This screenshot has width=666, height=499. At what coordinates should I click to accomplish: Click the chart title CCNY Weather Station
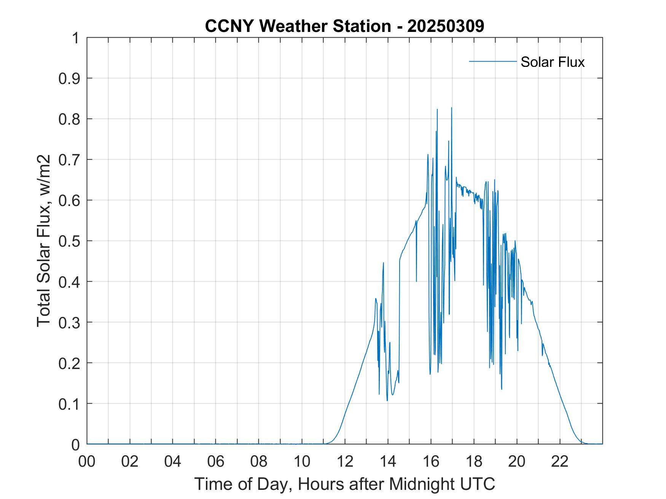[x=298, y=26]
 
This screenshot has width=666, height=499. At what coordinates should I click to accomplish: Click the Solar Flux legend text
[x=552, y=62]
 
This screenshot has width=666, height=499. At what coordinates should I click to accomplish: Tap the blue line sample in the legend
[x=492, y=61]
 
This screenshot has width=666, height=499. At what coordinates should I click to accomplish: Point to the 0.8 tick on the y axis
[x=70, y=119]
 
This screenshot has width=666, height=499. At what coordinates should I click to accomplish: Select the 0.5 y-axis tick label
[x=70, y=241]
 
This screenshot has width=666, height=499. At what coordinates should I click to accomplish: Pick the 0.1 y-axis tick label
[x=70, y=404]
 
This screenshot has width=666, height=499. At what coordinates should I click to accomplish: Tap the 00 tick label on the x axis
[x=87, y=461]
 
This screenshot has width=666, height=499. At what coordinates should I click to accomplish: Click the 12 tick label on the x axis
[x=345, y=461]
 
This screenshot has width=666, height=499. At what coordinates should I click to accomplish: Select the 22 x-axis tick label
[x=560, y=461]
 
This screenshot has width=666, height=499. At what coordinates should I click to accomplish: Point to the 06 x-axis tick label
[x=216, y=461]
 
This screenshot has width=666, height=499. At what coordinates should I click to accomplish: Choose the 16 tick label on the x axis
[x=431, y=461]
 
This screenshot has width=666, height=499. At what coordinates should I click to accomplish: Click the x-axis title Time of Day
[x=345, y=484]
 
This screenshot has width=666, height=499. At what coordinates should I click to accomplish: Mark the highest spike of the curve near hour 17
[x=452, y=108]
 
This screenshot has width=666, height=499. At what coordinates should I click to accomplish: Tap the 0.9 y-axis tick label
[x=70, y=79]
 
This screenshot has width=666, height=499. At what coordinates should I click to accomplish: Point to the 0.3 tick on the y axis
[x=70, y=323]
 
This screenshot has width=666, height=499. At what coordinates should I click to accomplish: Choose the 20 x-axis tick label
[x=517, y=461]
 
